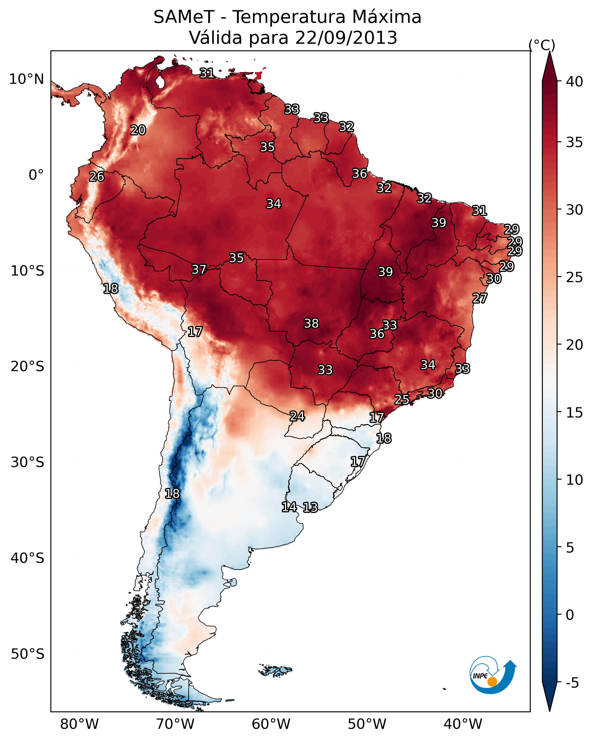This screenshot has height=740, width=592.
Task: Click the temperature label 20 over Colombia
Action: [138, 130]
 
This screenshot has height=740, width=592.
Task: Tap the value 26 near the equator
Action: [97, 177]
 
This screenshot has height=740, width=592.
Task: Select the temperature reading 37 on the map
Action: [199, 270]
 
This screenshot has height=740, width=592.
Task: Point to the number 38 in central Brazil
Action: [311, 323]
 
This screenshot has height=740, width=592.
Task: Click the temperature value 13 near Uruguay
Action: [310, 507]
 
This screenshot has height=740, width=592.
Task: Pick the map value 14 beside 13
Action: [289, 507]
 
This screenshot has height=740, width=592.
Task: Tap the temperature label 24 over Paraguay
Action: [297, 416]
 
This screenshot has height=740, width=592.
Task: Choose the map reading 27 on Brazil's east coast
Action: [480, 298]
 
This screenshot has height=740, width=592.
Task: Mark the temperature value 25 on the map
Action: [402, 399]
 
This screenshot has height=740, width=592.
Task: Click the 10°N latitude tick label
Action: [26, 79]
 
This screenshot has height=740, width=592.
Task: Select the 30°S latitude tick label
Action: [27, 462]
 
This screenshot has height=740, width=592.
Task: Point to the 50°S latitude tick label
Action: [27, 654]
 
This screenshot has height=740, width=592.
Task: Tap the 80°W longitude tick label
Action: [79, 724]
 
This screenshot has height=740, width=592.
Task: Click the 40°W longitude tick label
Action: [463, 724]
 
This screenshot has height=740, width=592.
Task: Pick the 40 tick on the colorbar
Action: [575, 82]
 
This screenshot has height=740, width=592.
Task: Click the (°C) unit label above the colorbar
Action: [542, 45]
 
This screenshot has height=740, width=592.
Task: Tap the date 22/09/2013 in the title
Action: [346, 38]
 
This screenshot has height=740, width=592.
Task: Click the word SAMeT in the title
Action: [184, 17]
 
